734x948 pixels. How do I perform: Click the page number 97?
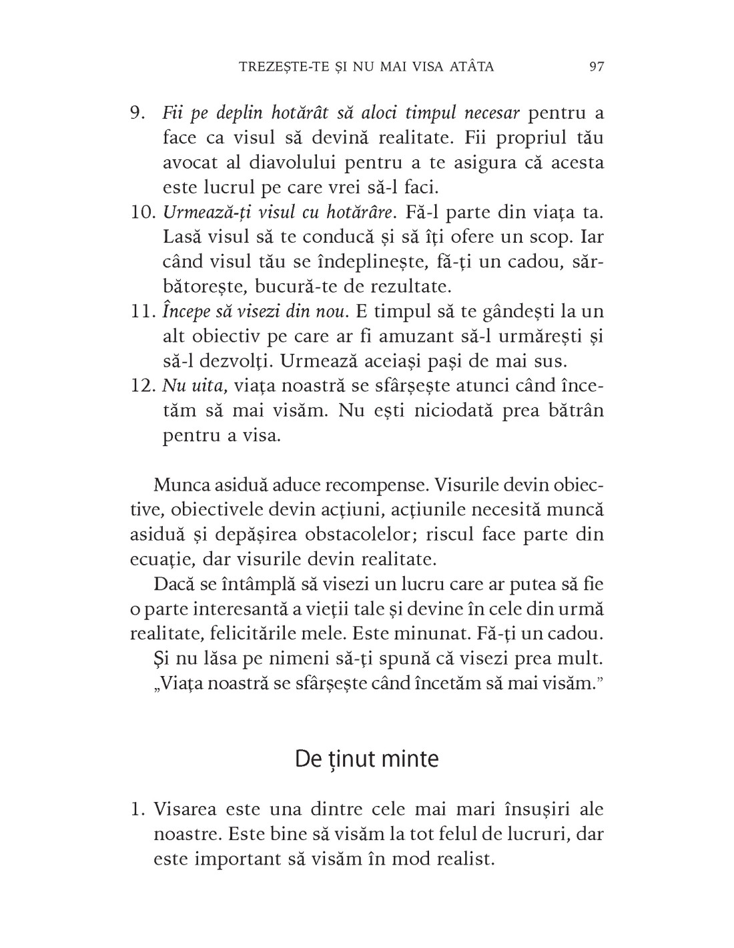pyautogui.click(x=597, y=67)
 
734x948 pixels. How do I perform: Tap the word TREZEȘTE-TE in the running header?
pyautogui.click(x=272, y=67)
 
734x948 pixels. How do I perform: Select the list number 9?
pyautogui.click(x=137, y=113)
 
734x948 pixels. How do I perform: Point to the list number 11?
pyautogui.click(x=141, y=311)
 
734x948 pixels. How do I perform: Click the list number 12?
pyautogui.click(x=141, y=385)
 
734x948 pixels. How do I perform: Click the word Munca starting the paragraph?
pyautogui.click(x=181, y=485)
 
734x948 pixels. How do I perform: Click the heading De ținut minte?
pyautogui.click(x=366, y=759)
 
